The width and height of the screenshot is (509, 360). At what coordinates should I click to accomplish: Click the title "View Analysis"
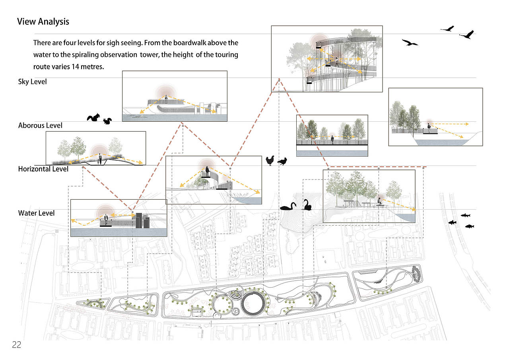pyautogui.click(x=43, y=21)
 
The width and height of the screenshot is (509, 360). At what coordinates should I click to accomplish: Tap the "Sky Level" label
pyautogui.click(x=33, y=82)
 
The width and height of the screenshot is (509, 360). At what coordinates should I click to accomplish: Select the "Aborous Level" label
pyautogui.click(x=40, y=125)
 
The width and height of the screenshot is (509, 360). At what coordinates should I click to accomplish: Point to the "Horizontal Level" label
pyautogui.click(x=43, y=169)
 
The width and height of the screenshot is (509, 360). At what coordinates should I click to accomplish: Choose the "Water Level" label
pyautogui.click(x=36, y=213)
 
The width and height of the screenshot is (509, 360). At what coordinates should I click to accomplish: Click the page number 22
pyautogui.click(x=16, y=345)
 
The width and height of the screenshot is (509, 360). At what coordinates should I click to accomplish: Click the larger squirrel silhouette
pyautogui.click(x=93, y=117)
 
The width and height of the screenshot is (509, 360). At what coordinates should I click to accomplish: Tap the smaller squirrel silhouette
pyautogui.click(x=107, y=121)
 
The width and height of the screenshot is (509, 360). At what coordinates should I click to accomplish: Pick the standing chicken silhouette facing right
pyautogui.click(x=270, y=161)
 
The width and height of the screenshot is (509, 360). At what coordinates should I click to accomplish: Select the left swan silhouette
pyautogui.click(x=288, y=206)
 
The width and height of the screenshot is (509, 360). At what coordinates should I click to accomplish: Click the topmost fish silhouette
pyautogui.click(x=465, y=215)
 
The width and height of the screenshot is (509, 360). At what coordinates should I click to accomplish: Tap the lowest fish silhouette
pyautogui.click(x=470, y=226)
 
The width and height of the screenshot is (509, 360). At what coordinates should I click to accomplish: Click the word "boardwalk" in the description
pyautogui.click(x=189, y=43)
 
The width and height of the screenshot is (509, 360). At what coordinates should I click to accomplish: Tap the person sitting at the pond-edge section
pyautogui.click(x=379, y=202)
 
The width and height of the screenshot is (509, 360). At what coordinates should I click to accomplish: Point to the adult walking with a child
pyautogui.click(x=100, y=159)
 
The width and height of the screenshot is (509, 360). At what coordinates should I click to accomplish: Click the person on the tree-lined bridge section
pyautogui.click(x=332, y=140)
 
